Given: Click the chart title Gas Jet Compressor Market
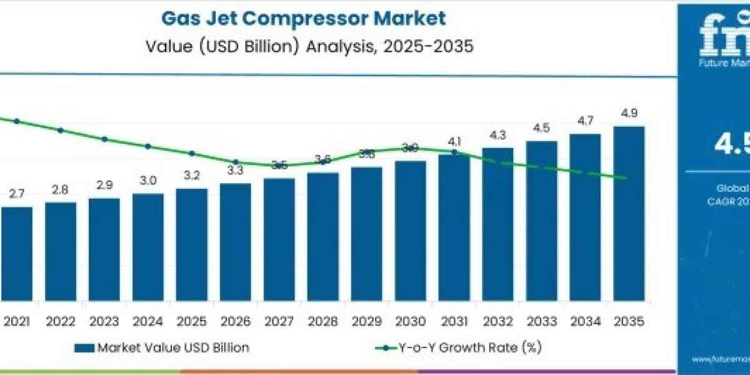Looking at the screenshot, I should [x=304, y=18].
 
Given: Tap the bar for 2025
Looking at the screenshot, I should [x=191, y=244].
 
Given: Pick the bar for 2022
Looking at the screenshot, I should [x=61, y=250].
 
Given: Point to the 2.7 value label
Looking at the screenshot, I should [x=17, y=194].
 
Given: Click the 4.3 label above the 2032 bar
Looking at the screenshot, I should [x=497, y=135].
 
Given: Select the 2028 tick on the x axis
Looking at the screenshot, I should [x=322, y=321].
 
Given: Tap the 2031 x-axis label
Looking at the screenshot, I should [x=454, y=321].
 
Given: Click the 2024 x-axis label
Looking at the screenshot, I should [x=147, y=321].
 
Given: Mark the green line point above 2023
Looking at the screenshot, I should [x=104, y=139].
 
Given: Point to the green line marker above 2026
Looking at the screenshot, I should [x=236, y=162].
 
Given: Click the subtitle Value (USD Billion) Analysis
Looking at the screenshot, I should [x=304, y=47].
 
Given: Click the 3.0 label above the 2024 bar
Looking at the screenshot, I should [x=147, y=181].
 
